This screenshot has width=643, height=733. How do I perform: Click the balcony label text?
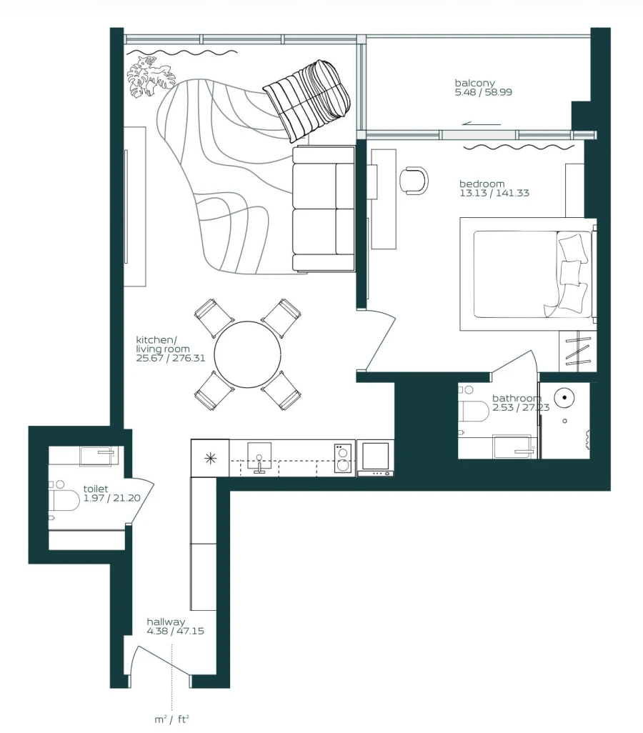click(474, 83)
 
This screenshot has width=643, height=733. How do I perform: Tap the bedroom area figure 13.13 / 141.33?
click(494, 193)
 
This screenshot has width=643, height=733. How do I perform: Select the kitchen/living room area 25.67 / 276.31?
click(171, 358)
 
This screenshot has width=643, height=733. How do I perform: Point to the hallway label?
click(166, 622)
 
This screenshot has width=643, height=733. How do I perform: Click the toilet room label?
click(95, 489)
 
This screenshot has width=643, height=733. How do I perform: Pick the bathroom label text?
click(516, 398)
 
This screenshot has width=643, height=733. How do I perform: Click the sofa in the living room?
click(324, 209)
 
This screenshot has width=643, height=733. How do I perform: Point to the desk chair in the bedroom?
click(414, 179)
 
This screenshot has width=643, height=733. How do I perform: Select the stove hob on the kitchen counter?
click(343, 457)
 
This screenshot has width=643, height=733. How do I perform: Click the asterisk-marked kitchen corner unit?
click(210, 458)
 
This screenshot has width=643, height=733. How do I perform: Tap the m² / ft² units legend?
click(171, 719)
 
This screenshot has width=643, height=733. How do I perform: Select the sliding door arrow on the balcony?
click(477, 124)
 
